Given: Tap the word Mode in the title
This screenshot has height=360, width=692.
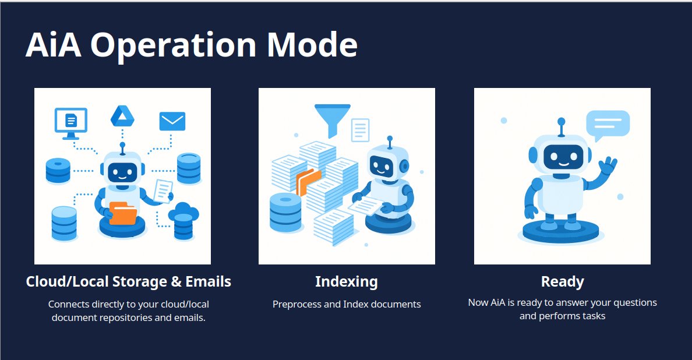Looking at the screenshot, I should [312, 45].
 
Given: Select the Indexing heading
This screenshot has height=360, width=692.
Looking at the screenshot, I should [347, 282].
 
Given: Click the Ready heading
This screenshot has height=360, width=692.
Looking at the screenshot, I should [562, 282].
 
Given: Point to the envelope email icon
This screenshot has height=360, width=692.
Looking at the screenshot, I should [172, 121].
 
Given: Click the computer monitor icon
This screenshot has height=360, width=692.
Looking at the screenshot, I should [70, 122].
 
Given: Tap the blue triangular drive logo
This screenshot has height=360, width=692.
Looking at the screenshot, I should [122, 117].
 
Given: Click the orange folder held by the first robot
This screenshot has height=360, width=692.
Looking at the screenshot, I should [123, 213].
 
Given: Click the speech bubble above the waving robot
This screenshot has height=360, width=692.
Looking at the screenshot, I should [608, 124].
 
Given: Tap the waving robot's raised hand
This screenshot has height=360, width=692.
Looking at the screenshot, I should [608, 167].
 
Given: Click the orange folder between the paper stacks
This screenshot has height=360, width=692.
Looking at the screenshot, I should [308, 180].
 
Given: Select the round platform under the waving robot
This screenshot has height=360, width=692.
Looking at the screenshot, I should [560, 232].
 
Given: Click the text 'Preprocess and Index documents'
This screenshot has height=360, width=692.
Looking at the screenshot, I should [347, 304].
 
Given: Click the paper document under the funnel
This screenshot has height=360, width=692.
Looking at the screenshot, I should [361, 129].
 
